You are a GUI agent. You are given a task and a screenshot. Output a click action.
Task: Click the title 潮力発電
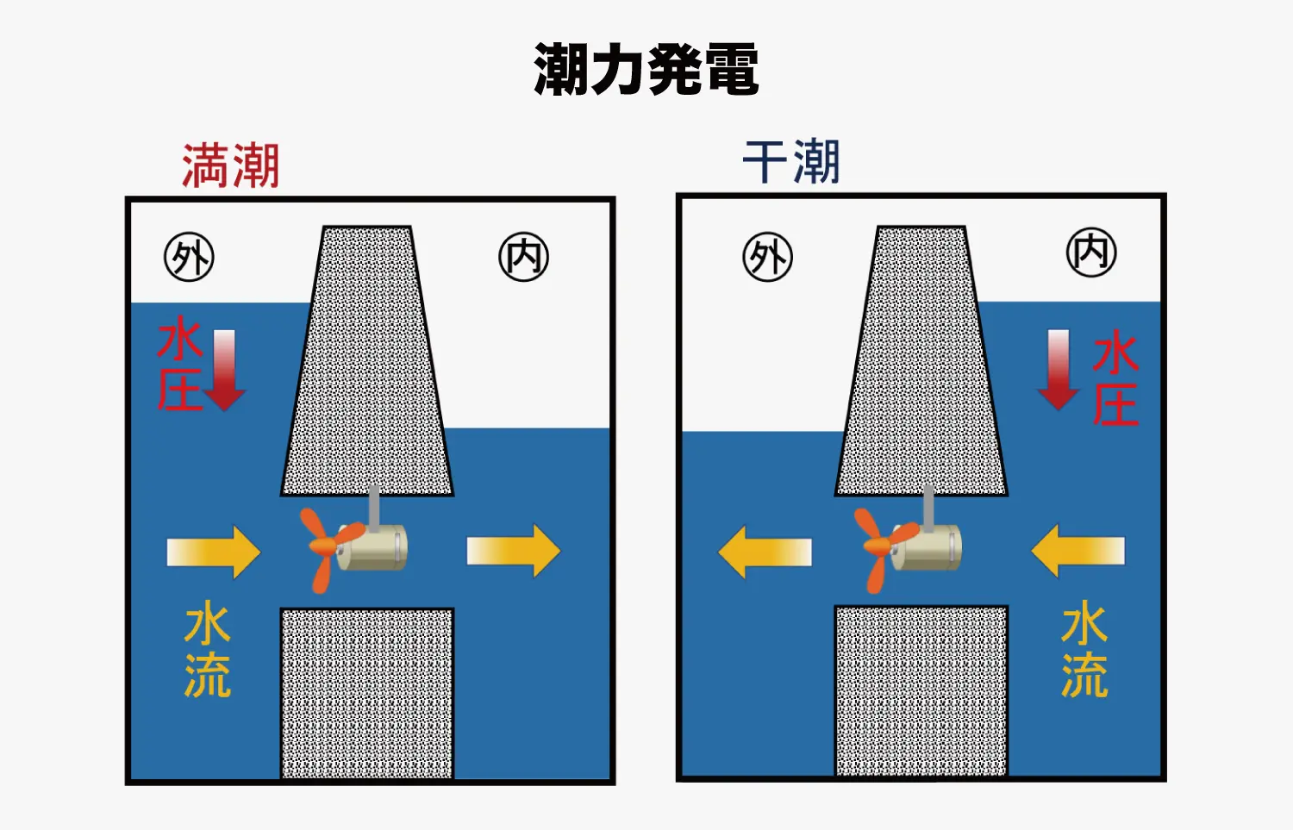pyautogui.click(x=646, y=69)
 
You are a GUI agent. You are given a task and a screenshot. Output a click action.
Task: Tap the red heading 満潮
pyautogui.click(x=231, y=166)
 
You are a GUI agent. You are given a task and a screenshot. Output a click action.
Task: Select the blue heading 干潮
pyautogui.click(x=790, y=161)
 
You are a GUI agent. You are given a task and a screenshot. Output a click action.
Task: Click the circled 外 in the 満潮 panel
pyautogui.click(x=190, y=257)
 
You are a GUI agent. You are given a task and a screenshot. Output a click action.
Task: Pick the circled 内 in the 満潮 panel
pyautogui.click(x=523, y=257)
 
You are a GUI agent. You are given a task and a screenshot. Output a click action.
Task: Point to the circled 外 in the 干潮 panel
pyautogui.click(x=768, y=257)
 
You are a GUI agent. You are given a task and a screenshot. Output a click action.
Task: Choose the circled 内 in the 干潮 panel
pyautogui.click(x=1091, y=253)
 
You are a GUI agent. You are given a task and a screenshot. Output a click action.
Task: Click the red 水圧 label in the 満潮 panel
pyautogui.click(x=180, y=364)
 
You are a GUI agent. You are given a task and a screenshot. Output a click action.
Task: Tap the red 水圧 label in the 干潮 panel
pyautogui.click(x=1115, y=378)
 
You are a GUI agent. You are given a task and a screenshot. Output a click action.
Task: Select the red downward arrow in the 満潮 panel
pyautogui.click(x=224, y=371)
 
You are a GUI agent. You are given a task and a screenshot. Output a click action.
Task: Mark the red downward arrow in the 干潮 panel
pyautogui.click(x=1059, y=370)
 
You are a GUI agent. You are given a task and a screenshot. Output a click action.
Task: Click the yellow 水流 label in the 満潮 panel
pyautogui.click(x=208, y=649)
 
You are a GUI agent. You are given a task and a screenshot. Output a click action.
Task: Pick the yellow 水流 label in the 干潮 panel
pyautogui.click(x=1084, y=649)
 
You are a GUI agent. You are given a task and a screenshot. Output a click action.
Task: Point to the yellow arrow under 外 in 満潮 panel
pyautogui.click(x=214, y=552)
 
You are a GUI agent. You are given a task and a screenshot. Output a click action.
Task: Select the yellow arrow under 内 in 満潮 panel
pyautogui.click(x=514, y=551)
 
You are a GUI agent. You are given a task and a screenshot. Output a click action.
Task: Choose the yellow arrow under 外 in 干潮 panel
pyautogui.click(x=765, y=552)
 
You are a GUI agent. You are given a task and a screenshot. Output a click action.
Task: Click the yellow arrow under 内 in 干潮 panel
pyautogui.click(x=1077, y=551)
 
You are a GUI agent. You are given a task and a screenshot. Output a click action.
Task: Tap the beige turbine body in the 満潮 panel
pyautogui.click(x=372, y=546)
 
